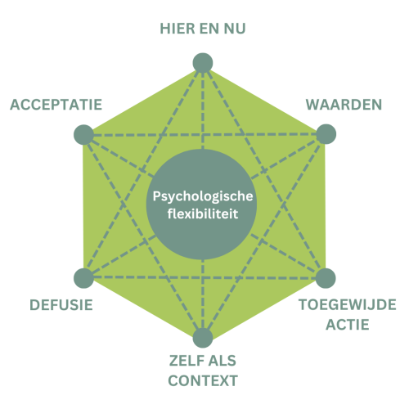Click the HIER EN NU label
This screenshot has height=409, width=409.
tap(203, 29)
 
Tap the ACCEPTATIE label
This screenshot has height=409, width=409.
tap(56, 105)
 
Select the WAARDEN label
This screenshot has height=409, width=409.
tap(344, 105)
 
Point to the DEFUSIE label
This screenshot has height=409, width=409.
tap(61, 305)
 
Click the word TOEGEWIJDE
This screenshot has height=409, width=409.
tap(348, 305)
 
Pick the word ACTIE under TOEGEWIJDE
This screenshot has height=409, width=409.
tap(348, 325)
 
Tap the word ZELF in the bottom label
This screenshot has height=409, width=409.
tap(182, 361)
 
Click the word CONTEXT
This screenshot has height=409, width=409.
tap(203, 380)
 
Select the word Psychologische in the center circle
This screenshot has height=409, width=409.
tap(203, 196)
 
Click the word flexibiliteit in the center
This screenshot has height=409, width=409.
tap(203, 213)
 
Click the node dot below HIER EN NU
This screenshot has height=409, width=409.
tap(203, 63)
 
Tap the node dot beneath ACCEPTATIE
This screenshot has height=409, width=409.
tap(84, 135)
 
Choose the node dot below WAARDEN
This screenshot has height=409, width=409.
tap(326, 134)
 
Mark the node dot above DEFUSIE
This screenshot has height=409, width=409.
tap(84, 278)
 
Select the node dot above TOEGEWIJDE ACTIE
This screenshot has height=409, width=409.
tap(326, 278)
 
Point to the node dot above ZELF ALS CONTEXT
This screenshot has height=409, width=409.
tap(203, 338)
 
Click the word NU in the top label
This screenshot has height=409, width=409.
tap(235, 29)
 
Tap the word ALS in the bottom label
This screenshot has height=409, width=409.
tap(222, 361)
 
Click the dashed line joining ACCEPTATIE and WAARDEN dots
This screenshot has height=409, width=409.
tap(205, 134)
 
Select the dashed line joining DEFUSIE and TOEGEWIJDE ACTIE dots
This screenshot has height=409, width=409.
tap(204, 278)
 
